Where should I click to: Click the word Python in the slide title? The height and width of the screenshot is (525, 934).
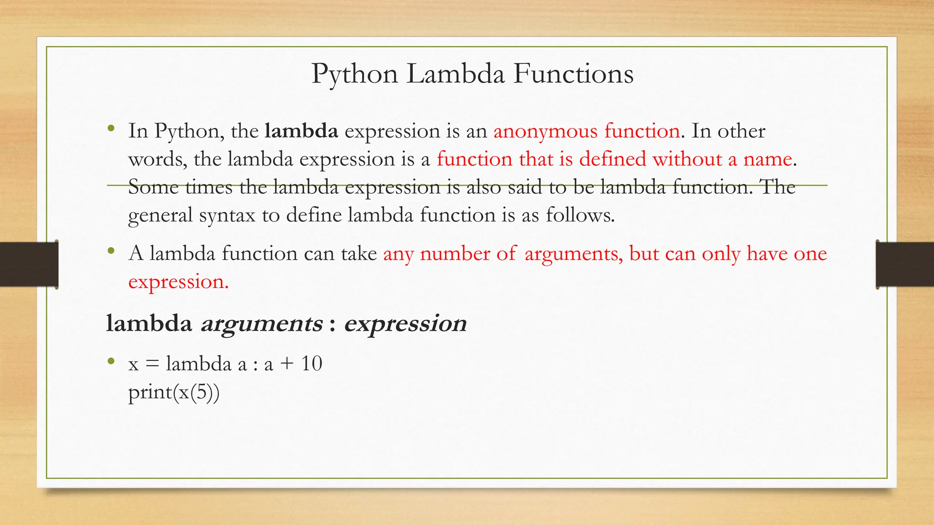coord(354,74)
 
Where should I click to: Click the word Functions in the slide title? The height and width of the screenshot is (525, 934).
coord(573,74)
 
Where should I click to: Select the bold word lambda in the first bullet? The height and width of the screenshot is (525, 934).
coord(301,131)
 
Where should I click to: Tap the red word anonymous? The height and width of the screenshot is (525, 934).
coord(545,131)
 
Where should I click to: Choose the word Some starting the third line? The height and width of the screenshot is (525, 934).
coord(153,187)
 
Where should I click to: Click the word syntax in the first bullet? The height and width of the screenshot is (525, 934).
coord(227,215)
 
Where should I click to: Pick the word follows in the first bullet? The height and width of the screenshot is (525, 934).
coord(580,215)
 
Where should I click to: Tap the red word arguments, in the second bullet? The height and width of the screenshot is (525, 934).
coord(573,254)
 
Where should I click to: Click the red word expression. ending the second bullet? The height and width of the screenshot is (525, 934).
coord(178,282)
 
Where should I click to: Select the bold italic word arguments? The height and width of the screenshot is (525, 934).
coord(262,324)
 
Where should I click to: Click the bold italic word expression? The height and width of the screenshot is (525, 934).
coord(405,324)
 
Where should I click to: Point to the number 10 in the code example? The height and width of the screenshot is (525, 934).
coord(311,364)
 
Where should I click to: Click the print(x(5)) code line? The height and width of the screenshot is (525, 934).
coord(174,392)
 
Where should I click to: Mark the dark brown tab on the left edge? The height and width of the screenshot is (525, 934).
coord(29,265)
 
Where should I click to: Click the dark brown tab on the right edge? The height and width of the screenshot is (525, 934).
coord(905,265)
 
